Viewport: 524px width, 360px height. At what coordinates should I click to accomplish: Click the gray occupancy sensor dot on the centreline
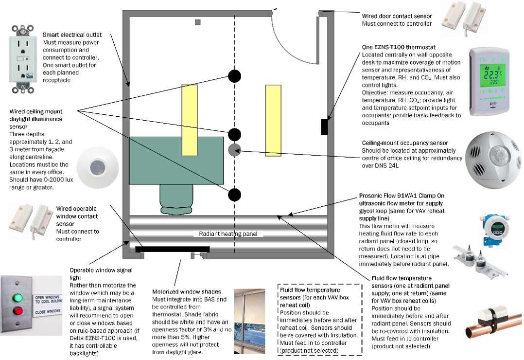(x=234, y=150)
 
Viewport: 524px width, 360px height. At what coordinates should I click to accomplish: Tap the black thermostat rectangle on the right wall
(x=324, y=126)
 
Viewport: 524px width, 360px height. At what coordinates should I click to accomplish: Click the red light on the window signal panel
(x=18, y=310)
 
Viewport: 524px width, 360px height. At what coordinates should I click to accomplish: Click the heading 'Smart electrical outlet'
(x=72, y=35)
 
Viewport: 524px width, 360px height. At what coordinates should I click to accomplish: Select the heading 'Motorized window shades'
(x=186, y=291)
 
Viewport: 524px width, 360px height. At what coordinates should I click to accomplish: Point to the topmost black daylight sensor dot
(x=234, y=76)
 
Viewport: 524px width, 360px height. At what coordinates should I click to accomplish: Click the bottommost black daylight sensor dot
(x=234, y=195)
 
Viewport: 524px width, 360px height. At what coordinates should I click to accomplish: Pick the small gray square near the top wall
(x=197, y=22)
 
